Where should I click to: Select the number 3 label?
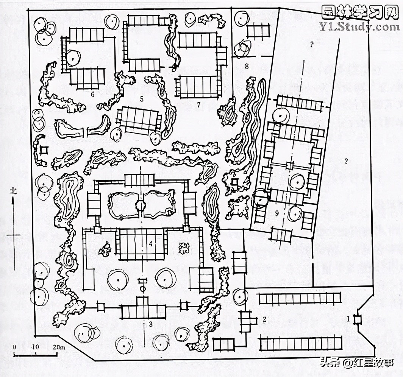click(x=150, y=324)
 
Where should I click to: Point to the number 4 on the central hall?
click(x=151, y=244)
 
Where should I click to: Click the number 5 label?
click(x=141, y=100)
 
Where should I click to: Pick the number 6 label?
click(x=92, y=95)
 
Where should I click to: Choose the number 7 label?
click(x=198, y=104)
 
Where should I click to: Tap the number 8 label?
click(x=246, y=67)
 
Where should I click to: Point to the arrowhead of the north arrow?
click(x=14, y=201)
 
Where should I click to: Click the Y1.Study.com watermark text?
click(x=359, y=27)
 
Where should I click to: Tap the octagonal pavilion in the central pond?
click(x=141, y=206)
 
